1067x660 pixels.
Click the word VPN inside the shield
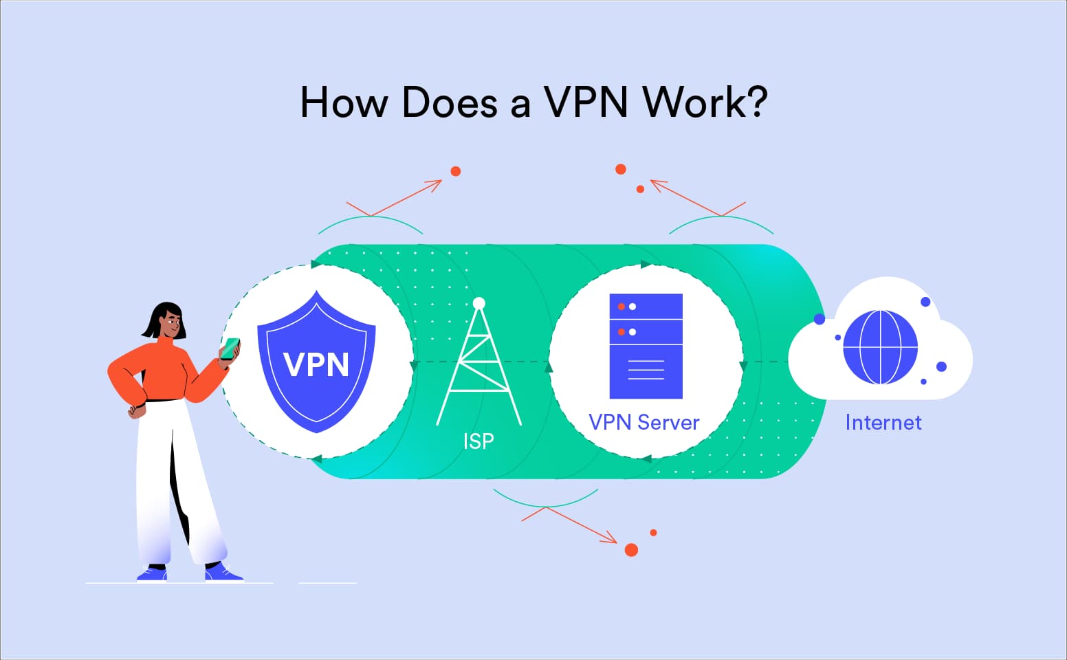click(x=316, y=364)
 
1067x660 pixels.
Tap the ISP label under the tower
click(x=478, y=440)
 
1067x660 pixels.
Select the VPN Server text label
click(x=643, y=421)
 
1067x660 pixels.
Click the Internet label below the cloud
click(x=883, y=421)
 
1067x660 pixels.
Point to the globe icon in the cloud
click(x=880, y=347)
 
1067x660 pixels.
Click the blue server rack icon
click(x=646, y=346)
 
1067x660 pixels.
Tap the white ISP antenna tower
click(x=479, y=371)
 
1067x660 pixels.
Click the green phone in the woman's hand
click(x=230, y=348)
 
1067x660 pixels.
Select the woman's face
click(x=172, y=323)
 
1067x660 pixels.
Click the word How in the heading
click(x=344, y=102)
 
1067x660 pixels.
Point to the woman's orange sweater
click(x=162, y=371)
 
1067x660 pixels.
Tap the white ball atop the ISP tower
click(x=479, y=303)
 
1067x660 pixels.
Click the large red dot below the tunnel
click(x=631, y=550)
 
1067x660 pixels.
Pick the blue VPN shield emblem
click(x=316, y=361)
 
